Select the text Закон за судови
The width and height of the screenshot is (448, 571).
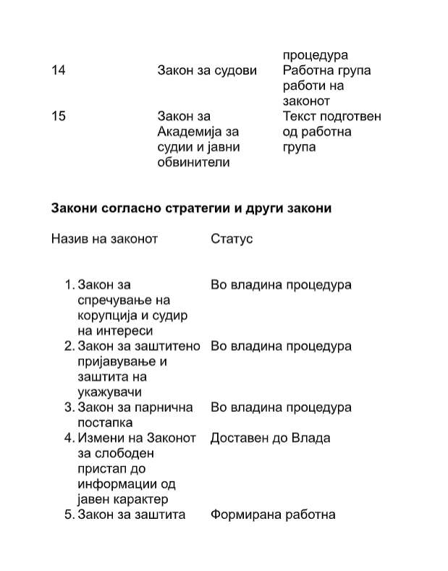coord(207,70)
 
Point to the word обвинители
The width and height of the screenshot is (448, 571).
coord(193,162)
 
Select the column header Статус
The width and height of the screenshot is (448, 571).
coord(232,238)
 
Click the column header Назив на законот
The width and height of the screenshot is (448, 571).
coord(104,238)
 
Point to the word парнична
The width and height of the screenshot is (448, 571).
coord(167,407)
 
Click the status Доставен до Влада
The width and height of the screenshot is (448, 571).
coord(270,438)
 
